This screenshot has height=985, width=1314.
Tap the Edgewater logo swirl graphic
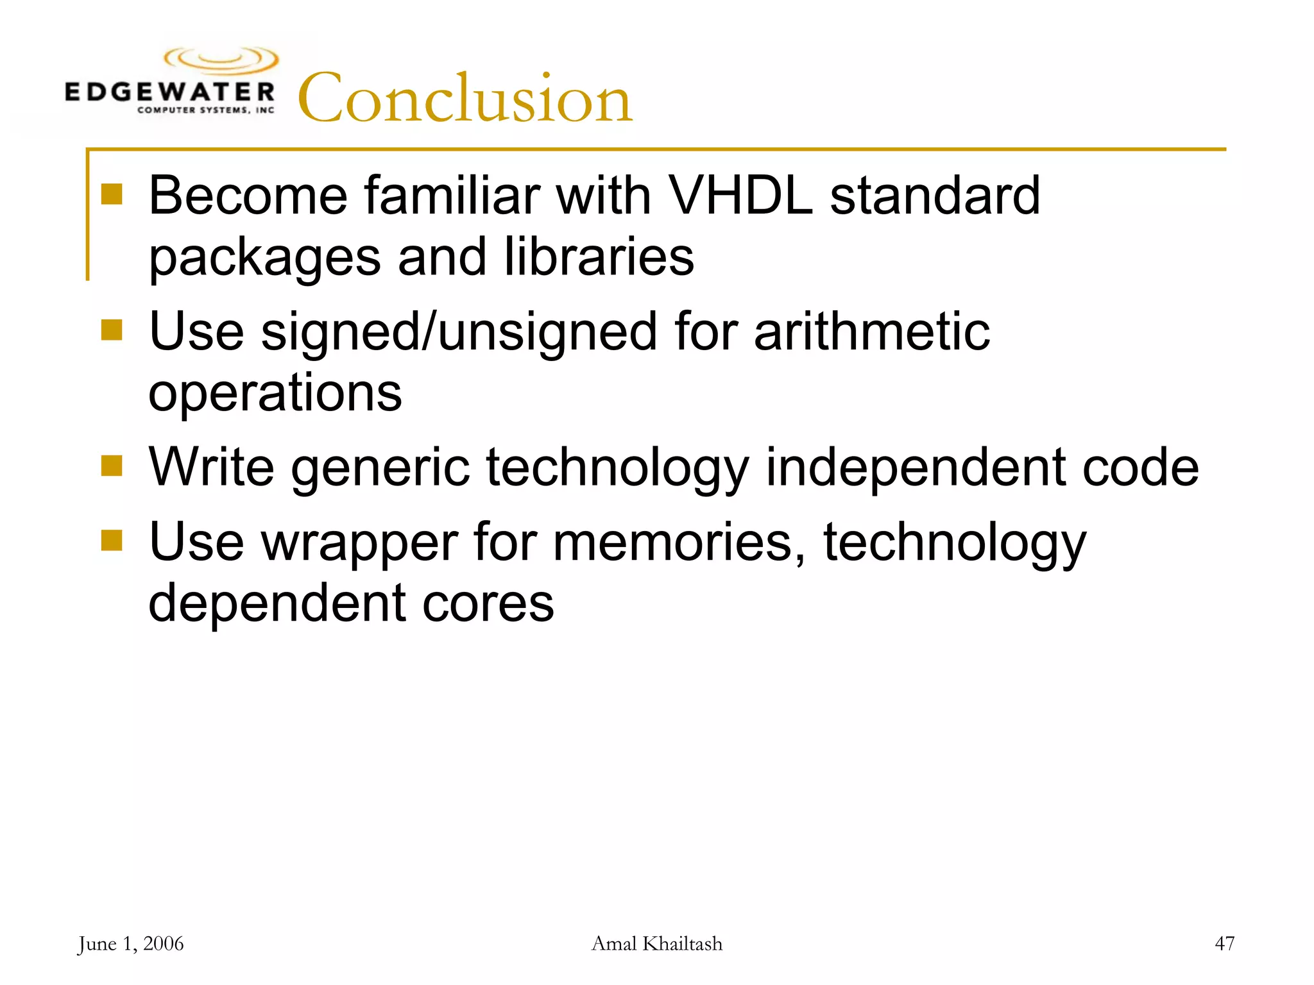pyautogui.click(x=221, y=60)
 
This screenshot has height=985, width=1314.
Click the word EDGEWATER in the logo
pyautogui.click(x=170, y=92)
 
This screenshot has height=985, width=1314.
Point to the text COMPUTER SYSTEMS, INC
pyautogui.click(x=205, y=110)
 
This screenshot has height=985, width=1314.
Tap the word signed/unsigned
pyautogui.click(x=459, y=332)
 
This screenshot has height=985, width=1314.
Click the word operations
pyautogui.click(x=275, y=392)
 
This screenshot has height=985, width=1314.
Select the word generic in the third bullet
pyautogui.click(x=380, y=468)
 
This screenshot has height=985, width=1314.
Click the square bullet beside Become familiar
pyautogui.click(x=112, y=194)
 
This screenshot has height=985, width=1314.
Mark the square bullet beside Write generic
pyautogui.click(x=112, y=466)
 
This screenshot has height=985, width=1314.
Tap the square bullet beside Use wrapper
pyautogui.click(x=112, y=540)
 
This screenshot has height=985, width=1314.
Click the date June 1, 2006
pyautogui.click(x=131, y=944)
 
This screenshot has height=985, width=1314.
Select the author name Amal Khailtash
pyautogui.click(x=656, y=944)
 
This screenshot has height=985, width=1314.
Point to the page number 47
pyautogui.click(x=1224, y=944)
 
